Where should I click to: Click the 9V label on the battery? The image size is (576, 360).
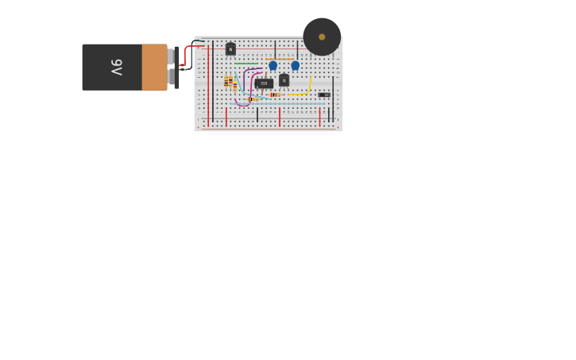pos(116,67)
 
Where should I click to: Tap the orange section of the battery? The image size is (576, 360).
pos(154,67)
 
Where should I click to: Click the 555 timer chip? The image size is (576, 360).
pos(264,83)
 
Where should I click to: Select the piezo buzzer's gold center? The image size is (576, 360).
pos(322,37)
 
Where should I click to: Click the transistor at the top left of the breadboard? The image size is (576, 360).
pos(230,49)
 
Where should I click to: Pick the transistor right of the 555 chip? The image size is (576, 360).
pos(284,79)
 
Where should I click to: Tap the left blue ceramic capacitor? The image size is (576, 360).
pos(273,66)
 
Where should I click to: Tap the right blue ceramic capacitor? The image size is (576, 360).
pos(296,66)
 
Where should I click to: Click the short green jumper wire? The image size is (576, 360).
pos(246,64)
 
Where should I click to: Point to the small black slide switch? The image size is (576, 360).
pos(324,95)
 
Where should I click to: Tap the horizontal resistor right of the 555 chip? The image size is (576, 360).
pos(275,95)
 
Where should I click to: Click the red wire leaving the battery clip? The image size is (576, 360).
pos(187,52)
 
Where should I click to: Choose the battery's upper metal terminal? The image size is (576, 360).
pos(171,56)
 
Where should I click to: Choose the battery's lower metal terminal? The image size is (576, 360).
pos(171,77)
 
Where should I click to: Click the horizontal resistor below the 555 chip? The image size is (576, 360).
pos(253,99)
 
